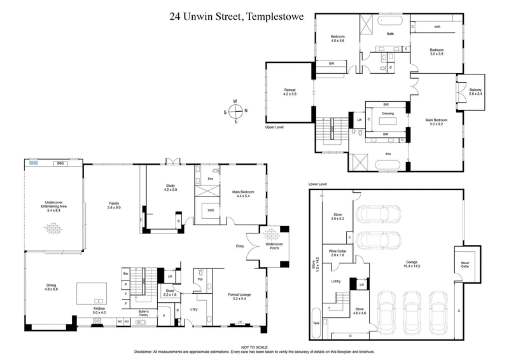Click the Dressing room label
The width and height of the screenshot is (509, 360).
pyautogui.click(x=387, y=113)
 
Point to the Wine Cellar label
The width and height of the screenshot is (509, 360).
pyautogui.click(x=337, y=252)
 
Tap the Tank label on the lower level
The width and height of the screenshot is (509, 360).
pyautogui.click(x=316, y=322)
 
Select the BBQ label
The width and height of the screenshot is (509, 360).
pyautogui.click(x=60, y=164)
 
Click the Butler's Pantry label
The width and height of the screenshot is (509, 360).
pyautogui.click(x=147, y=312)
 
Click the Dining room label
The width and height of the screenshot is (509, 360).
pyautogui.click(x=51, y=287)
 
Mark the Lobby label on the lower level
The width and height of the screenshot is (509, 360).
pyautogui.click(x=337, y=280)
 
